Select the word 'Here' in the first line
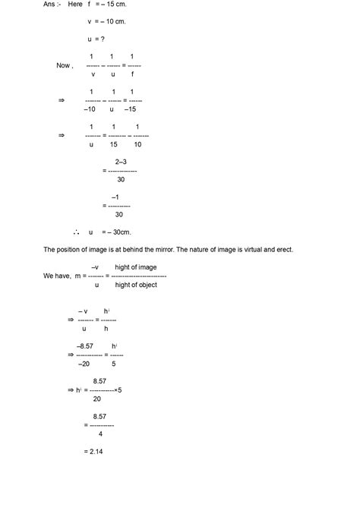coord(74,5)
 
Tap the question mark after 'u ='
coord(103,39)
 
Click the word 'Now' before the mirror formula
coord(64,65)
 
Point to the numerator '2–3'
coord(121,162)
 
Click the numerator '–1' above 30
coord(115,197)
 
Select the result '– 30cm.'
coord(118,232)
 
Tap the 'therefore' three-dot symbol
coord(77,232)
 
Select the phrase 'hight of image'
coord(136,267)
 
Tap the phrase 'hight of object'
coord(137,285)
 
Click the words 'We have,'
coord(58,276)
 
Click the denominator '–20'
coord(87,364)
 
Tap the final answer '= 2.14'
coord(93,452)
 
